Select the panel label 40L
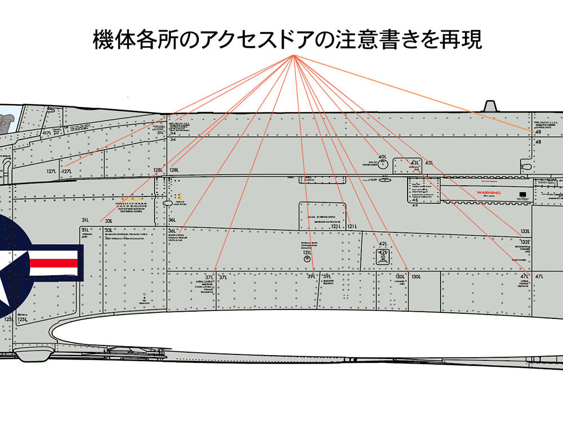(x=382, y=157)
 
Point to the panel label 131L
(x=307, y=253)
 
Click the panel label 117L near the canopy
(x=48, y=133)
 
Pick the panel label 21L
(x=160, y=133)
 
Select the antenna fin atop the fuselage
(x=490, y=106)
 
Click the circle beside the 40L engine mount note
(x=383, y=164)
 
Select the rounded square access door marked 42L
(x=383, y=257)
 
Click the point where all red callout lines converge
(x=294, y=56)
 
